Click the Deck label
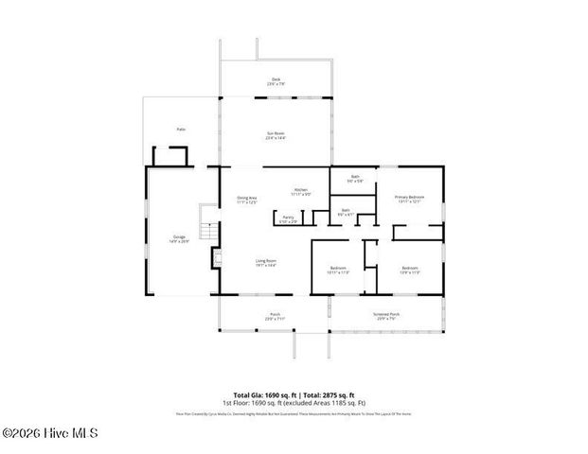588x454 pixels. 276,80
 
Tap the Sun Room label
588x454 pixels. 276,134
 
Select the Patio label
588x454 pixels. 181,128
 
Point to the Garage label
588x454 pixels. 179,237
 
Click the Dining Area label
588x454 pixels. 247,199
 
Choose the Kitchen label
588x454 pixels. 300,191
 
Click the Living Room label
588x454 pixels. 265,262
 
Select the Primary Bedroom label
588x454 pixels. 409,198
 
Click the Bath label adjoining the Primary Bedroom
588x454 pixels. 354,177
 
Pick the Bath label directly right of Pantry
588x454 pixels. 346,212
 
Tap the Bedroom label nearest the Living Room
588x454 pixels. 338,270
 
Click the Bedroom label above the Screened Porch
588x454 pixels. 409,270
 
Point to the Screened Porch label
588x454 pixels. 388,316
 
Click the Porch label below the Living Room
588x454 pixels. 275,316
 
